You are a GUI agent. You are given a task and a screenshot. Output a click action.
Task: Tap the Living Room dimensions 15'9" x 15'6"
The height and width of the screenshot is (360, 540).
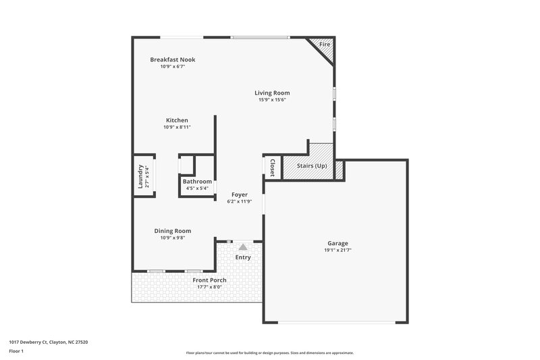tap(272, 100)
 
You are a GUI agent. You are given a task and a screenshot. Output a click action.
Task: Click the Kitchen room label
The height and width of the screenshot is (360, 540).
tap(177, 120)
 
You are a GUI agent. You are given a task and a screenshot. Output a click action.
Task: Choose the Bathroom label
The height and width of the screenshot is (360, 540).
tap(197, 181)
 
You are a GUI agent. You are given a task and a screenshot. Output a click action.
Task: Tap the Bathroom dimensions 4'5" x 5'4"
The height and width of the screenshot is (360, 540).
tap(197, 188)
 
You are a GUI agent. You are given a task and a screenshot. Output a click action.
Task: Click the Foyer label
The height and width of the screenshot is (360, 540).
tap(239, 194)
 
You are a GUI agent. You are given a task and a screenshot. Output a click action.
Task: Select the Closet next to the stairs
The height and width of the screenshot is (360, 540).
tap(271, 168)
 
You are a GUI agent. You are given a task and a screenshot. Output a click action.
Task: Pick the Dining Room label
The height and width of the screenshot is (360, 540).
tap(173, 230)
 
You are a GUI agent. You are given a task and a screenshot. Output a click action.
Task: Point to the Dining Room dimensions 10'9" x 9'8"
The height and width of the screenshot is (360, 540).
tap(173, 238)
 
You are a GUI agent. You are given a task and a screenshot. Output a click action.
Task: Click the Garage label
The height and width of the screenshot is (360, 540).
tap(337, 243)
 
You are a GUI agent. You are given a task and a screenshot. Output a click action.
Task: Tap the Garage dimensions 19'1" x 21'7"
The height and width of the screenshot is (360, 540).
tap(337, 251)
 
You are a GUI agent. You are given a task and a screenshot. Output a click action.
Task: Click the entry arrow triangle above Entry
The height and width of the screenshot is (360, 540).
tap(242, 247)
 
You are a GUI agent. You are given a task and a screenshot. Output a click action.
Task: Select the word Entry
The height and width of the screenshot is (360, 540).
tap(242, 257)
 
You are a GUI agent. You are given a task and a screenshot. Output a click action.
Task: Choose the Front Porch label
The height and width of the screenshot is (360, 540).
tap(209, 280)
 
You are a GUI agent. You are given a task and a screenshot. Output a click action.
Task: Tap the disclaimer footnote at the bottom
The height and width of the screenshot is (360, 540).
tap(270, 353)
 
